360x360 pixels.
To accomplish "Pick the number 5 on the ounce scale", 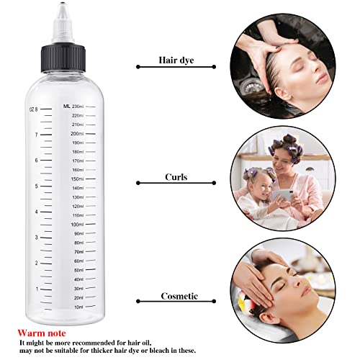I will [36, 186].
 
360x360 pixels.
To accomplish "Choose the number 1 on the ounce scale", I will [36, 289].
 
